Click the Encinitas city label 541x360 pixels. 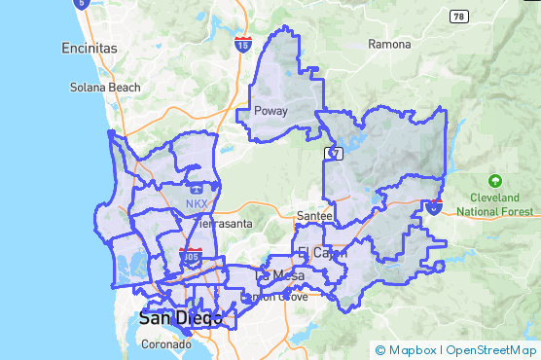click(89, 48)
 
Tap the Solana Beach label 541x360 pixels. click(105, 87)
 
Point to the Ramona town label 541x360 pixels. click(390, 45)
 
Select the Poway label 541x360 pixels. click(270, 111)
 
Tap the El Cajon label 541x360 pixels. click(316, 253)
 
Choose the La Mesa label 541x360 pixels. click(273, 275)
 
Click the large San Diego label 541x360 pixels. click(180, 317)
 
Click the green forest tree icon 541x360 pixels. click(495, 181)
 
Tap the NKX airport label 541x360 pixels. click(197, 203)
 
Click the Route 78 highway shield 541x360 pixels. click(458, 17)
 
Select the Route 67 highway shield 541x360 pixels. click(334, 154)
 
